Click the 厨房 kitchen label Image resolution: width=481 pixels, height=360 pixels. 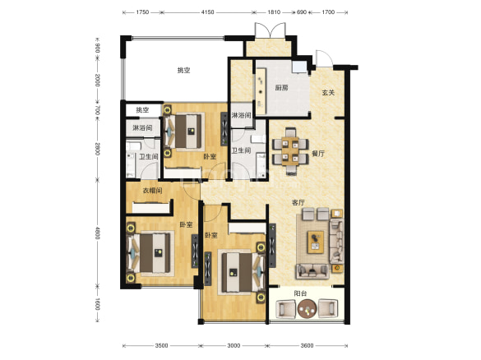281,88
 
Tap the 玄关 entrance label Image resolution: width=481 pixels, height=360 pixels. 328,92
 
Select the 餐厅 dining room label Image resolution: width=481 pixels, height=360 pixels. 318,154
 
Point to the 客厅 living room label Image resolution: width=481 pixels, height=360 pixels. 298,202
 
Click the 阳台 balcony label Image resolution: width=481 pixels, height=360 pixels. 300,293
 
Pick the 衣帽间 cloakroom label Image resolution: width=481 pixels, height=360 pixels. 152,191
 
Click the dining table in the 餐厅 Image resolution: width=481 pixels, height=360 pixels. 290,151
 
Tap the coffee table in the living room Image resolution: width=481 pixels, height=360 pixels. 316,242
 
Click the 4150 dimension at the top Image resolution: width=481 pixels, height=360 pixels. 207,12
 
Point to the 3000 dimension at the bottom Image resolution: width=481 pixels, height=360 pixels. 234,345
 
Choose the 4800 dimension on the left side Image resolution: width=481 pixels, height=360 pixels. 97,233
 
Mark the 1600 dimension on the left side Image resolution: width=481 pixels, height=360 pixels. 97,303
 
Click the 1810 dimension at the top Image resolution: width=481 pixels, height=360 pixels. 274,12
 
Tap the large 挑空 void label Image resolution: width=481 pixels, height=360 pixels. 183,70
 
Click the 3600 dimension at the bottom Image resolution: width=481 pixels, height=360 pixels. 307,345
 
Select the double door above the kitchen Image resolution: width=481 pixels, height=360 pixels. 271,30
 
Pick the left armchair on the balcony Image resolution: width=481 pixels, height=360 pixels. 286,309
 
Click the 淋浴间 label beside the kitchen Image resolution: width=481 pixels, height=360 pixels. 242,115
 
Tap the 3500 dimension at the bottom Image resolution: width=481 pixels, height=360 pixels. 161,345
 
